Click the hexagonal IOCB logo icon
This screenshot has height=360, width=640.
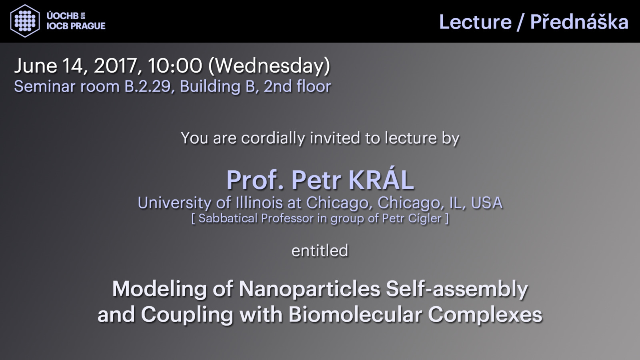point(25,21)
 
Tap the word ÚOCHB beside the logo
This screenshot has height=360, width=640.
point(62,16)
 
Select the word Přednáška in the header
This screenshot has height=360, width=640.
point(579,22)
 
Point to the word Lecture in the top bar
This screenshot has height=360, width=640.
point(476,22)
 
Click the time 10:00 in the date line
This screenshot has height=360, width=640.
point(175,66)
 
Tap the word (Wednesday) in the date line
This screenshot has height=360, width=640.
point(269,66)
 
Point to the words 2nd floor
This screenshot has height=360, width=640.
point(297,86)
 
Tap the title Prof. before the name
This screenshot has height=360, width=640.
point(256,180)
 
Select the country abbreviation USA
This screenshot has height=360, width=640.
point(486,203)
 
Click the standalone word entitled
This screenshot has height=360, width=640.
point(320,250)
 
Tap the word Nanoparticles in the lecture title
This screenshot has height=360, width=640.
point(310,289)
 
